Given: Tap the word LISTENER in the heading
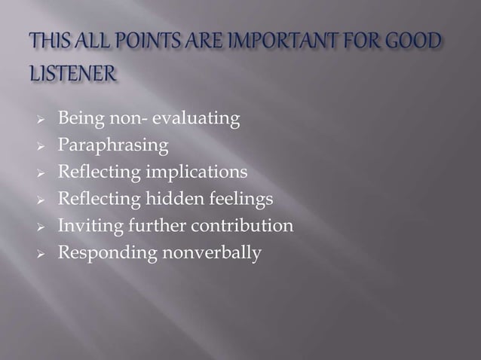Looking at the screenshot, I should (74, 74).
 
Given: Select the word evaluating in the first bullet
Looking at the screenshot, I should (198, 119).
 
